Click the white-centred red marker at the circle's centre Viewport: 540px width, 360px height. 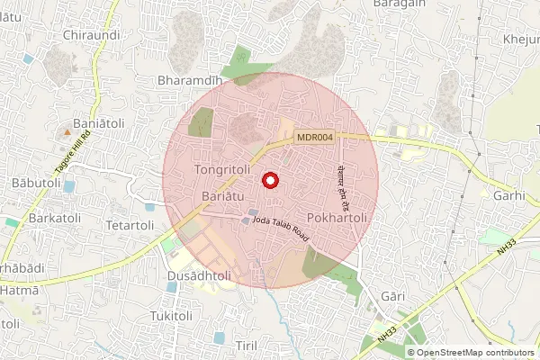click(x=269, y=180)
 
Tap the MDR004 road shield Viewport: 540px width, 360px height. click(x=315, y=137)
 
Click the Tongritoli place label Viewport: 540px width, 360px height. click(x=221, y=169)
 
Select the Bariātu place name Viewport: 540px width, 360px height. click(x=221, y=196)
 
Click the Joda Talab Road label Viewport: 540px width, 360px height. click(x=281, y=229)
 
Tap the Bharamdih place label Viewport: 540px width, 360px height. click(x=190, y=81)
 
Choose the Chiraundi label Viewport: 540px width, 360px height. click(x=91, y=35)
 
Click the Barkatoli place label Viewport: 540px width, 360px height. click(x=36, y=217)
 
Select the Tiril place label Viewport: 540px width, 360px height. click(x=247, y=346)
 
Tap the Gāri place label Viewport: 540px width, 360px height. click(x=393, y=296)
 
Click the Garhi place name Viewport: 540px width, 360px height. click(x=509, y=195)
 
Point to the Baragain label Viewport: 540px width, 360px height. click(x=400, y=4)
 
